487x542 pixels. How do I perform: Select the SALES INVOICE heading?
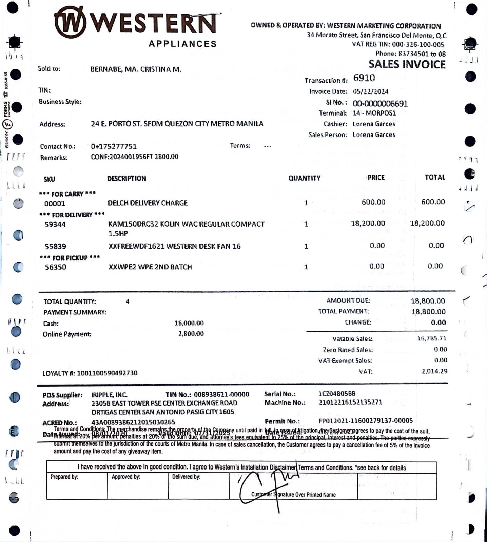click(x=407, y=64)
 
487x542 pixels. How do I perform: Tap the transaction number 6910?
click(x=364, y=78)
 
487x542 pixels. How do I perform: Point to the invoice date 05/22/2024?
click(x=370, y=91)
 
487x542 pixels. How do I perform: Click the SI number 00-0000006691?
click(x=380, y=103)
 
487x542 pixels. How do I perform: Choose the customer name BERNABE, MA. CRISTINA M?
click(x=136, y=69)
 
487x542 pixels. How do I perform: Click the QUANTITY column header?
click(x=304, y=178)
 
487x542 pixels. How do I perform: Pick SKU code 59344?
click(x=55, y=224)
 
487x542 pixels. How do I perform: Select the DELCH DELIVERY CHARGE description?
click(x=148, y=203)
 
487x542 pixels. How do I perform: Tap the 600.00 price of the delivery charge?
click(x=373, y=202)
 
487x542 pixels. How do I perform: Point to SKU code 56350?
click(x=56, y=267)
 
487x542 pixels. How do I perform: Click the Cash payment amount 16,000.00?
click(x=189, y=323)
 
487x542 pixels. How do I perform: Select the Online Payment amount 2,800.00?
click(x=191, y=334)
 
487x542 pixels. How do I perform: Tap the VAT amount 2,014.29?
click(x=434, y=371)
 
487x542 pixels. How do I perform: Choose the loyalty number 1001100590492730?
click(x=107, y=373)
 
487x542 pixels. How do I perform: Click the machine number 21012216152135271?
click(x=350, y=402)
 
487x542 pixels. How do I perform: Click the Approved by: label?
click(x=126, y=477)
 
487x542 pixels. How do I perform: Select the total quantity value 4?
click(x=128, y=301)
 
